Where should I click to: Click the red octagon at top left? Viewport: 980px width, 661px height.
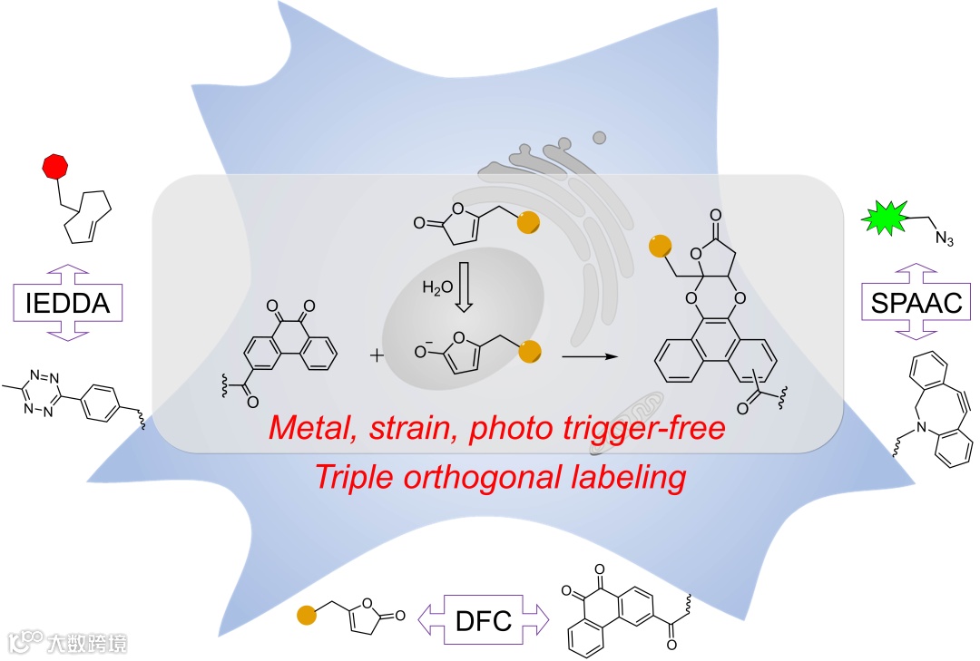coord(56,168)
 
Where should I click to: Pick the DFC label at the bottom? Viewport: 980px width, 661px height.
coord(483,621)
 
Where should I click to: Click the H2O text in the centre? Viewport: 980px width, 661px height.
coord(437,287)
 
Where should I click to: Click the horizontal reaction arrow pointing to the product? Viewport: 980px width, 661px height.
coord(593,356)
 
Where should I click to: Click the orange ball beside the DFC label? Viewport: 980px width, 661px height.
coord(307,617)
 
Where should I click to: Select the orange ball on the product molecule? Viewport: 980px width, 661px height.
coord(660,245)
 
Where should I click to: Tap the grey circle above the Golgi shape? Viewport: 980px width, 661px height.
coord(599,138)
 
